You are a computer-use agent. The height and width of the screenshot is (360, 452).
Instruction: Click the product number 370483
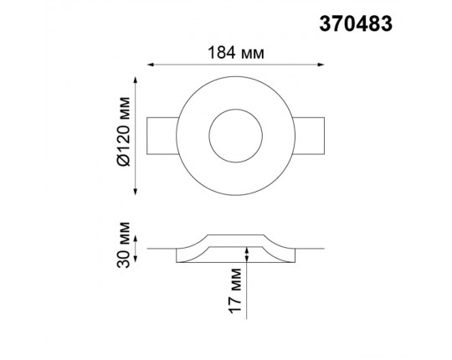click(356, 23)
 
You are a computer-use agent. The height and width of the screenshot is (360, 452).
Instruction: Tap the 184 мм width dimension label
click(236, 53)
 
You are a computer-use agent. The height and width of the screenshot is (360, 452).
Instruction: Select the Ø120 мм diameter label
click(124, 131)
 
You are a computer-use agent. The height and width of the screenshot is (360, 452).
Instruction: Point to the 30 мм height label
click(124, 244)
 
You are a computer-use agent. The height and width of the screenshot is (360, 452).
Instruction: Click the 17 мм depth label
click(234, 291)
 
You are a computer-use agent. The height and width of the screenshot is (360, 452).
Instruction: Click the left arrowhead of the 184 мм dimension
click(150, 64)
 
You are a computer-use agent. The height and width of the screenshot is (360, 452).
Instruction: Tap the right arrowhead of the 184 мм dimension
click(321, 64)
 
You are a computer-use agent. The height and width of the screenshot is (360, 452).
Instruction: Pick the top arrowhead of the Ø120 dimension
click(136, 80)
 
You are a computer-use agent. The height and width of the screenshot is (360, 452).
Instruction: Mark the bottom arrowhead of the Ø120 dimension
click(136, 192)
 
